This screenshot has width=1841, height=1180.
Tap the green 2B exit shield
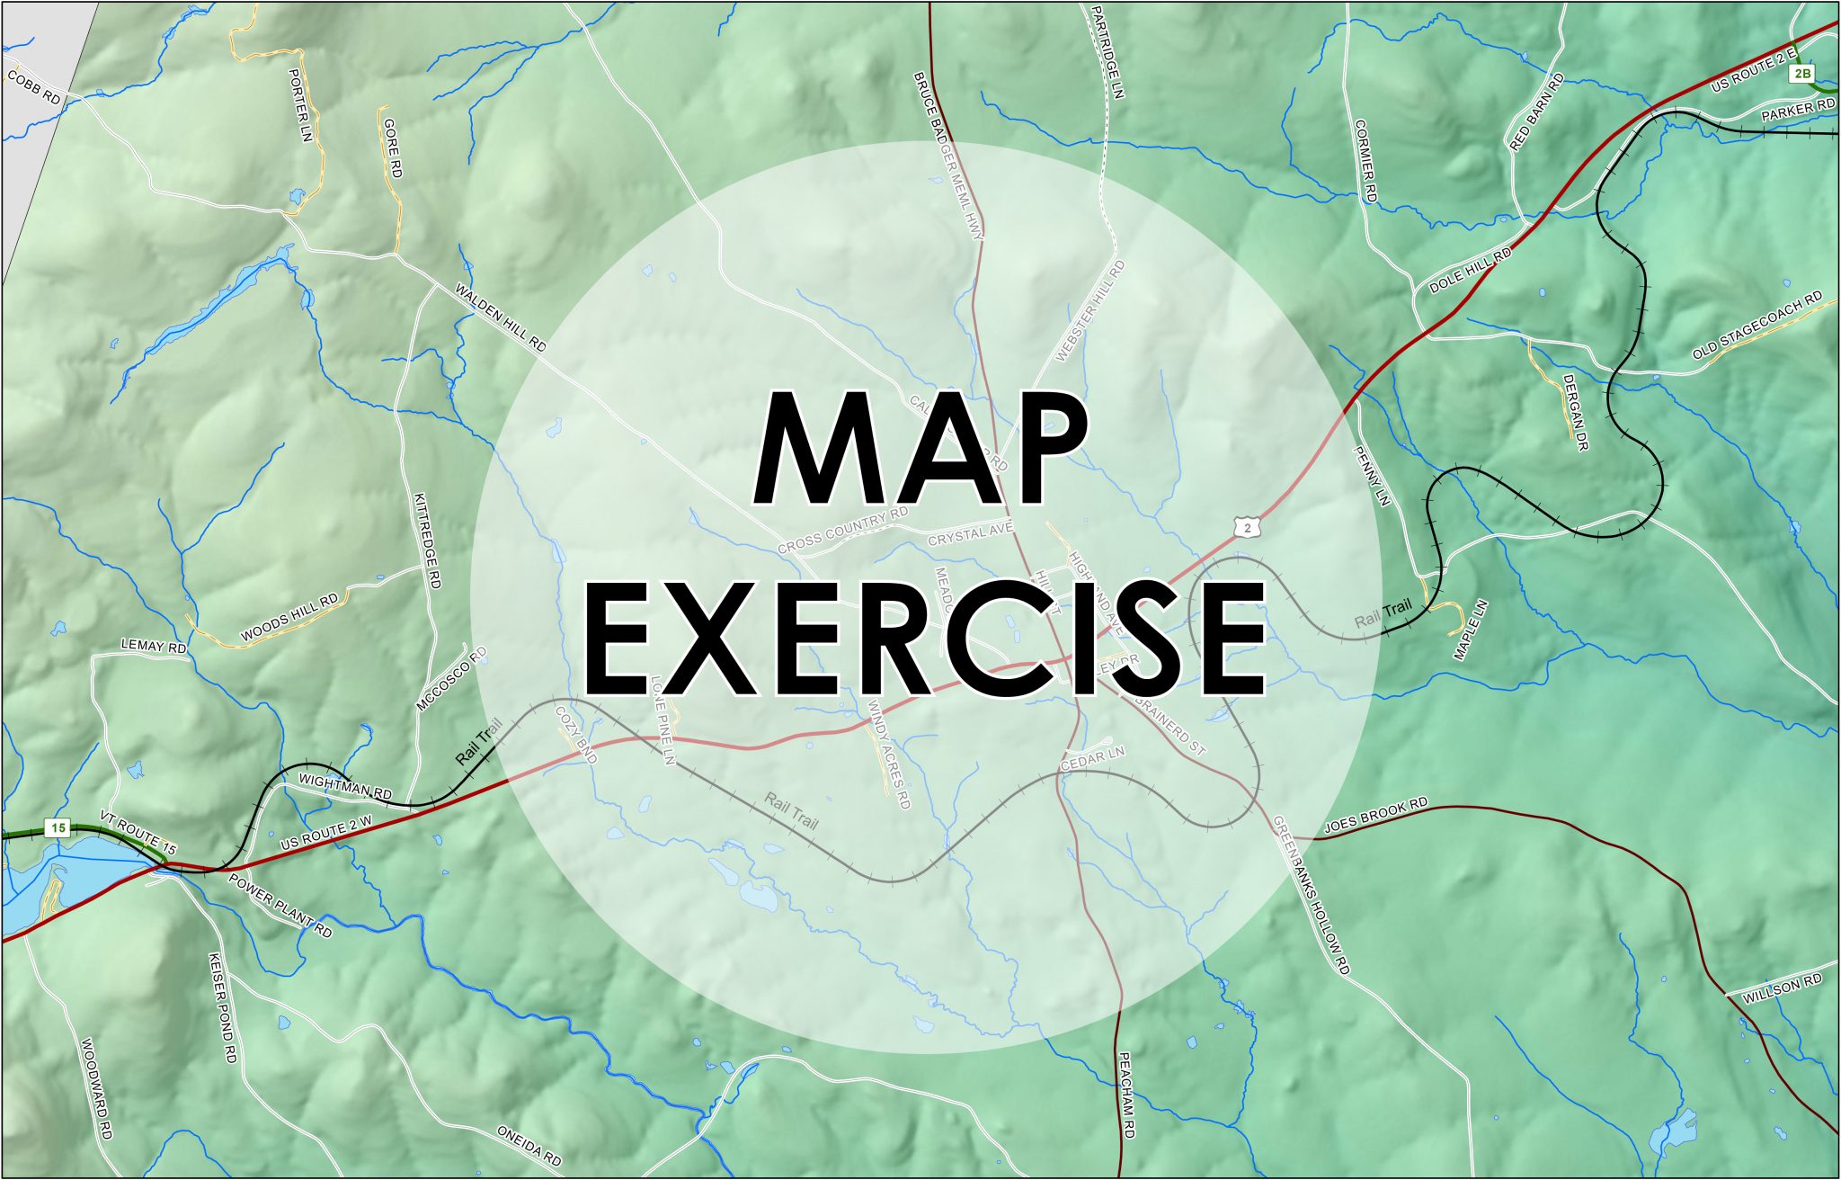pos(1801,74)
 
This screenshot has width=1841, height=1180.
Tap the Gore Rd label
pos(392,147)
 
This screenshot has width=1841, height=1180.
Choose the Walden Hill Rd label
pos(501,317)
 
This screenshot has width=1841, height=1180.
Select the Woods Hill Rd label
pos(289,617)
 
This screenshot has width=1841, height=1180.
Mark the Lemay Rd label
pos(154,647)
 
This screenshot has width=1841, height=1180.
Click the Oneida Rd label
pos(529,1145)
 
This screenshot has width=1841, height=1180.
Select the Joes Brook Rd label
pos(1375,815)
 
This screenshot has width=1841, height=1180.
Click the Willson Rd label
pos(1783,991)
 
